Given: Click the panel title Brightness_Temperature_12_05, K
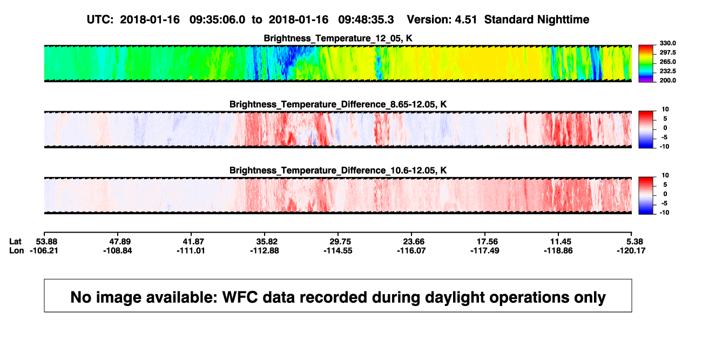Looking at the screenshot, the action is click(338, 38).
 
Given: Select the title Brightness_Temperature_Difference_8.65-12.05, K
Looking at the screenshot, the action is click(338, 104).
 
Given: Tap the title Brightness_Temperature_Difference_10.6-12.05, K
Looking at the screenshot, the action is click(338, 171).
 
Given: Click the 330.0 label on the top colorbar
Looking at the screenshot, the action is click(667, 43).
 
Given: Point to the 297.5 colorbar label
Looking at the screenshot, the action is click(667, 52).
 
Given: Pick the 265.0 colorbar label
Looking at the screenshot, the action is click(667, 62).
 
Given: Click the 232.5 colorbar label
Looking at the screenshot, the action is click(667, 71).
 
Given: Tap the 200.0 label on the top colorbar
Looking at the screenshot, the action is click(667, 80).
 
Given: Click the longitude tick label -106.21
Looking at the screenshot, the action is click(44, 250).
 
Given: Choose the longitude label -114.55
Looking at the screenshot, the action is click(338, 250).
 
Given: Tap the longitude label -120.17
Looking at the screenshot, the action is click(631, 250).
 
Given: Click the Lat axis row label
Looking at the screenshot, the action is click(15, 242).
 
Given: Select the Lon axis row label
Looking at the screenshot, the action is click(16, 250).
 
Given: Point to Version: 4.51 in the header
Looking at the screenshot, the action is click(442, 19).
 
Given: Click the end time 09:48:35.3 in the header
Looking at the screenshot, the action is click(366, 19).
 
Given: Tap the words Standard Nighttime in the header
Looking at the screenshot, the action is click(537, 19).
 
